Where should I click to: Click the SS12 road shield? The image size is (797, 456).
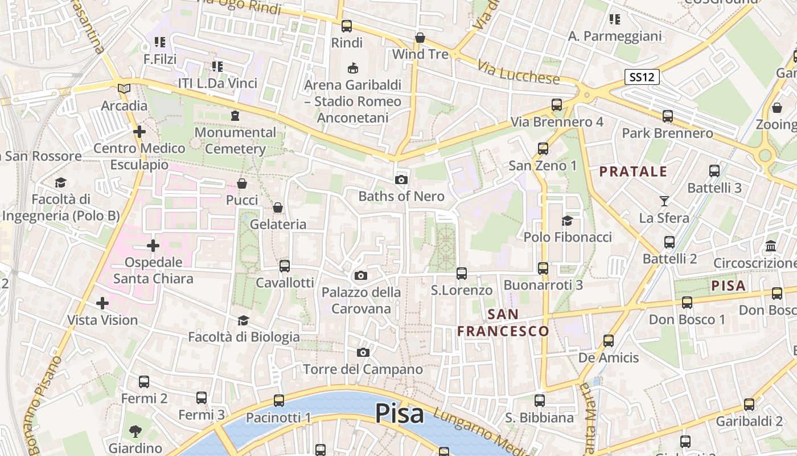point(642,77)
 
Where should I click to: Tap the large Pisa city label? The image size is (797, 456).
point(400,413)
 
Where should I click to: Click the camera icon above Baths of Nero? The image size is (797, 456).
point(401,180)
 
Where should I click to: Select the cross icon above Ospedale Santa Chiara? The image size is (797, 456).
point(153,246)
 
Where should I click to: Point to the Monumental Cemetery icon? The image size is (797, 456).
point(235,116)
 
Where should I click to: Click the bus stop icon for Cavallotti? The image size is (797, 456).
point(284,266)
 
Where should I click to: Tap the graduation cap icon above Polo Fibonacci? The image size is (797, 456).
point(567,221)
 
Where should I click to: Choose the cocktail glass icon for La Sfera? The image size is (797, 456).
point(664,201)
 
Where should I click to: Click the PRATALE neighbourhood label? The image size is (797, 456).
point(633,172)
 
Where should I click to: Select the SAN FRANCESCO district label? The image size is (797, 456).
point(503,323)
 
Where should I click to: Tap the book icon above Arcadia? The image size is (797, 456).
point(124,89)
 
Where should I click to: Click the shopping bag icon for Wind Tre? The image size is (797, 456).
point(420,38)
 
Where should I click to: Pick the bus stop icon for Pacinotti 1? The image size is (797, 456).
point(278,401)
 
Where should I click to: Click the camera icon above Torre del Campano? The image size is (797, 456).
point(363,353)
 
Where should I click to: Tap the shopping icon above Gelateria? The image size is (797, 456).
point(278,207)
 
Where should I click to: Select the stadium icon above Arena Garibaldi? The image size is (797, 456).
point(352,68)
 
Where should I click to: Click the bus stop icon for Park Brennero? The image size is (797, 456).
point(667,117)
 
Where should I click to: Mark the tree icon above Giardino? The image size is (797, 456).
point(135,431)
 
